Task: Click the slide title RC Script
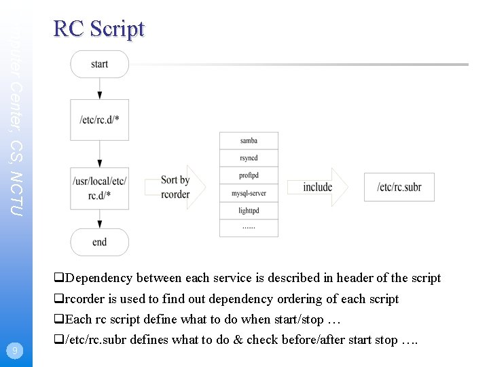tap(98, 29)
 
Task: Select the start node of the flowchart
tap(99, 64)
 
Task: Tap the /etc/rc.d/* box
tap(99, 120)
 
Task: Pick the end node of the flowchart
tap(99, 242)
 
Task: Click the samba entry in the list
tap(249, 141)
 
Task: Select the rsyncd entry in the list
tap(249, 158)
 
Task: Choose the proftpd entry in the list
tap(249, 176)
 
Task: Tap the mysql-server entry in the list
tap(249, 194)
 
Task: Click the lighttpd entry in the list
tap(249, 211)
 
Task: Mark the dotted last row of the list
tap(249, 228)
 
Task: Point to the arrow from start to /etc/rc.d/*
tap(100, 88)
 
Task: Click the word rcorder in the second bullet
tap(85, 299)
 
